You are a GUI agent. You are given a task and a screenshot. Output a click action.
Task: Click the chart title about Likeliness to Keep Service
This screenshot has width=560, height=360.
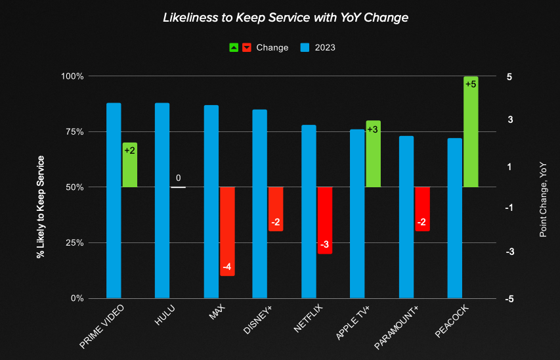click(x=285, y=18)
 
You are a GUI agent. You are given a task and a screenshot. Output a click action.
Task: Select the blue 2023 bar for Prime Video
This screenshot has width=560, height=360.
click(x=114, y=200)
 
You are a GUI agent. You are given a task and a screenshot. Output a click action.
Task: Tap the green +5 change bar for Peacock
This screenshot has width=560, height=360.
click(x=471, y=131)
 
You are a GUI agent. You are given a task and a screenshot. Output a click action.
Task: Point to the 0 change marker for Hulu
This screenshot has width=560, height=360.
click(x=178, y=187)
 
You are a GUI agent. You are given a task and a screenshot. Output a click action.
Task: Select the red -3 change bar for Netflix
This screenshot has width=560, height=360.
click(x=324, y=220)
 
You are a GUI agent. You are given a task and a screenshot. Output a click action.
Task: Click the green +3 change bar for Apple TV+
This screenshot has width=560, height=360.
click(x=373, y=154)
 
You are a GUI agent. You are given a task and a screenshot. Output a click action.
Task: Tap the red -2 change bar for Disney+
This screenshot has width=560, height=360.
click(x=276, y=209)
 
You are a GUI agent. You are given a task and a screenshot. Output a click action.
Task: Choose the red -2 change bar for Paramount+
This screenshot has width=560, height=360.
click(x=422, y=209)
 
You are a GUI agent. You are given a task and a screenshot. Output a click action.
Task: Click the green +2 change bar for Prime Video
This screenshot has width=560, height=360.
click(x=129, y=165)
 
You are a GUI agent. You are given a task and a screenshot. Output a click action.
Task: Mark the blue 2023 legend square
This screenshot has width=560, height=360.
click(x=305, y=47)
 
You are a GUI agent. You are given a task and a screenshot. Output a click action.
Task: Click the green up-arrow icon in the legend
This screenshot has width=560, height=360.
click(x=234, y=47)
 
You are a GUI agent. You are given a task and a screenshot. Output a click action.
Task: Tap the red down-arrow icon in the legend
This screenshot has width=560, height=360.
click(x=247, y=47)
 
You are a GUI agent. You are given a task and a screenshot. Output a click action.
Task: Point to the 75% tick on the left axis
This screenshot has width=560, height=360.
click(x=74, y=131)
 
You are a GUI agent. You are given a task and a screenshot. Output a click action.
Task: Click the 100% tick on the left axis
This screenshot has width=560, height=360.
click(x=72, y=76)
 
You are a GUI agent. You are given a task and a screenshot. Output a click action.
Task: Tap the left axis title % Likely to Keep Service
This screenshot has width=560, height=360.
click(x=41, y=207)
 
